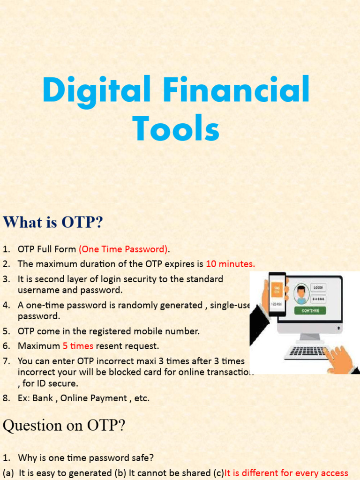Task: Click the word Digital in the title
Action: [x=96, y=90]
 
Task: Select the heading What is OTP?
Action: [x=52, y=222]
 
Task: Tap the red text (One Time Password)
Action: [x=123, y=249]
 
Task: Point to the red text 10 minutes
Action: [x=231, y=264]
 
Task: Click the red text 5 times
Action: [x=78, y=346]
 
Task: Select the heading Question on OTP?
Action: [x=64, y=426]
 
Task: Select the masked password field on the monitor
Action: [x=318, y=299]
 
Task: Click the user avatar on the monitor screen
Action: [x=301, y=295]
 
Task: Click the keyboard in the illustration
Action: [x=307, y=351]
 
